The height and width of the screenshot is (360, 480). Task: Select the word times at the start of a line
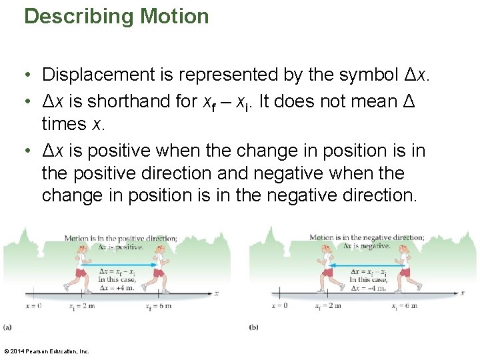point(64,124)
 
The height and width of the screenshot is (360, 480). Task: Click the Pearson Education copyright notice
point(47,351)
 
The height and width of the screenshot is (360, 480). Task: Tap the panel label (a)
point(7,327)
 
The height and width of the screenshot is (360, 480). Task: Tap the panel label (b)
point(253,327)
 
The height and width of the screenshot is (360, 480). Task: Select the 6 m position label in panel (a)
point(159,306)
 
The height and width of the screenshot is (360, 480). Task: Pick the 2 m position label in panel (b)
point(327,306)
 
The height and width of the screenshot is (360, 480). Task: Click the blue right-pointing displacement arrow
point(120,265)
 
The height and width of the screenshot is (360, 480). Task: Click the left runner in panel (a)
point(81,267)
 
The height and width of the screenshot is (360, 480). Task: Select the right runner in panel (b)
point(403,267)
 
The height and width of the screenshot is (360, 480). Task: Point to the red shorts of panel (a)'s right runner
point(158,272)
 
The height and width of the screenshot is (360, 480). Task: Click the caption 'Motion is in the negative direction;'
point(366,238)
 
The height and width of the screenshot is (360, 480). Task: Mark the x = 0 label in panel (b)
point(279,306)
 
